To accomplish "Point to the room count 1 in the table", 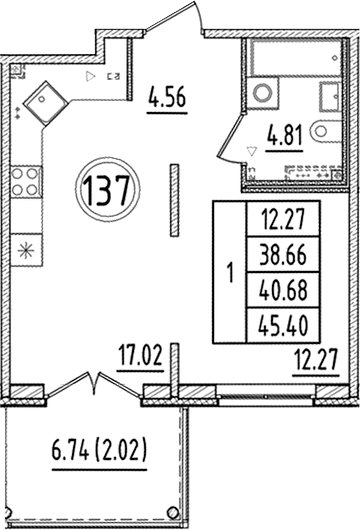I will (x=231, y=271).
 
